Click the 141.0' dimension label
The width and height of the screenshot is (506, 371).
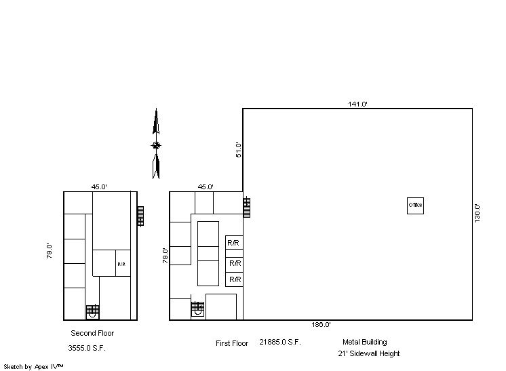coord(357,104)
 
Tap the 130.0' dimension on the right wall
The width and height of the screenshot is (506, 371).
coord(478,213)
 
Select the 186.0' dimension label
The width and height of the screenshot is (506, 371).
coord(321,325)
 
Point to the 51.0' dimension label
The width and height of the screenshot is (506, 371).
coord(239,150)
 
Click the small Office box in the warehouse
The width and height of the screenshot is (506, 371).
coord(415,206)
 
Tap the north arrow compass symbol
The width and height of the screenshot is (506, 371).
coord(156,144)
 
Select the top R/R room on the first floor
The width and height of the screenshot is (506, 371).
coord(234,242)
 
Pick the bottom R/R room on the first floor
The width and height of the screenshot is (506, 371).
coord(234,279)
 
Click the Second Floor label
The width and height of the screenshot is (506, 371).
coord(92,333)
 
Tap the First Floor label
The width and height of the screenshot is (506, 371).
coord(232,343)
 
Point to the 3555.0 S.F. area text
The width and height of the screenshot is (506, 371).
coord(87,348)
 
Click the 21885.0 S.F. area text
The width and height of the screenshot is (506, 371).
coord(280,342)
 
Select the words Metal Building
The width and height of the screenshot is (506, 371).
coord(365,342)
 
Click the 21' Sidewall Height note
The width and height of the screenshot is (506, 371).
coord(369,353)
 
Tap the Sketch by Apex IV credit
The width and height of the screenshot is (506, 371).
coord(33,367)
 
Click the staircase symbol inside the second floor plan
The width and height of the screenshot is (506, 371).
coord(93,311)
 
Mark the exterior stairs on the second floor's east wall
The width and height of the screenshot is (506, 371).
coord(140,216)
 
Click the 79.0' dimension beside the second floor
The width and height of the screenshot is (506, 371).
coord(49,251)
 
